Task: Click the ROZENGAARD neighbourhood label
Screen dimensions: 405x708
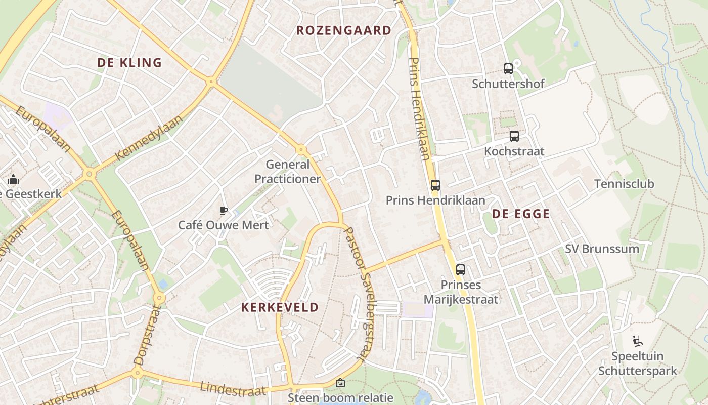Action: [344, 30]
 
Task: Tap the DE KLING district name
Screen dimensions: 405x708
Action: [129, 63]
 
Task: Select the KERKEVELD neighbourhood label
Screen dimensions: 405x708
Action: [280, 307]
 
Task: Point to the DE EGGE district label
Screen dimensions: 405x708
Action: [520, 214]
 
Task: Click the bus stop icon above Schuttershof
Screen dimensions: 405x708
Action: [508, 69]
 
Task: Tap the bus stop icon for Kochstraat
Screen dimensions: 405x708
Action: [514, 136]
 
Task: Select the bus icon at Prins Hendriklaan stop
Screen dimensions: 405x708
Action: [435, 185]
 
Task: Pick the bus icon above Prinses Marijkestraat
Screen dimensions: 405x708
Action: [460, 270]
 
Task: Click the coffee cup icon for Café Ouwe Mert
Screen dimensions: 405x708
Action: [223, 211]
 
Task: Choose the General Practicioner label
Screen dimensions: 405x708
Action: [287, 172]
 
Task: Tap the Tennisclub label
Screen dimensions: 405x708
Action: [624, 184]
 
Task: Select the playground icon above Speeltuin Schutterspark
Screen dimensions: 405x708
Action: [637, 341]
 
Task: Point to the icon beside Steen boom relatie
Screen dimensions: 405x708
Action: [340, 383]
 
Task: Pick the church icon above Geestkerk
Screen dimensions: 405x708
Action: [13, 179]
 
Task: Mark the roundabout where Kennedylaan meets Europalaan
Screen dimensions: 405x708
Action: [90, 174]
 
